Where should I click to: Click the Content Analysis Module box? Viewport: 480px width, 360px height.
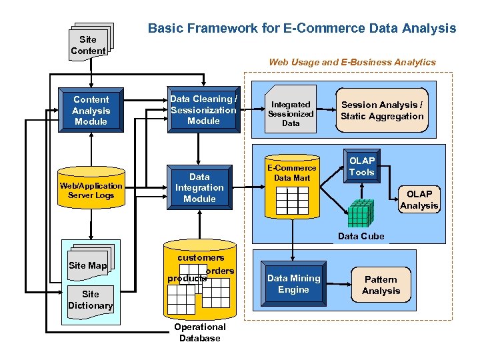click(91, 111)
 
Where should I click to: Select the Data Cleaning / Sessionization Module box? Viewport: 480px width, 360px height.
click(203, 110)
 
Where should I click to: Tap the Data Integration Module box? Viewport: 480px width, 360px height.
click(199, 187)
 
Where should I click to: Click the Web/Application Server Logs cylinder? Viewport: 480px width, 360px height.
click(91, 191)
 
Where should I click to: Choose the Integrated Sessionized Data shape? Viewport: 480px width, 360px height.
click(291, 113)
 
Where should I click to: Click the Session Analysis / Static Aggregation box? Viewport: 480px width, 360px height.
click(382, 111)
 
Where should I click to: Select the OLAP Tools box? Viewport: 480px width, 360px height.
click(361, 167)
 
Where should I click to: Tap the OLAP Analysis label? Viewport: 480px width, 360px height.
click(419, 200)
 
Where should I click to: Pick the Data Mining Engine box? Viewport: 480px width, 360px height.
click(293, 284)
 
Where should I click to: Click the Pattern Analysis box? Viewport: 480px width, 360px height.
click(381, 285)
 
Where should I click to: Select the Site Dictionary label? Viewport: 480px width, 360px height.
click(90, 300)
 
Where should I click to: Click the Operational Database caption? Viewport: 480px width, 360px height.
click(199, 332)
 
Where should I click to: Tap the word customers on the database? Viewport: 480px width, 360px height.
click(201, 257)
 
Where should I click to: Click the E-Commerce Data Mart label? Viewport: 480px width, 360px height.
click(292, 173)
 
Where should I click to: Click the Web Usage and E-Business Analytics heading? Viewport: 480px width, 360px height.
click(352, 62)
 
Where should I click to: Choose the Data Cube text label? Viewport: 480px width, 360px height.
click(361, 236)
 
